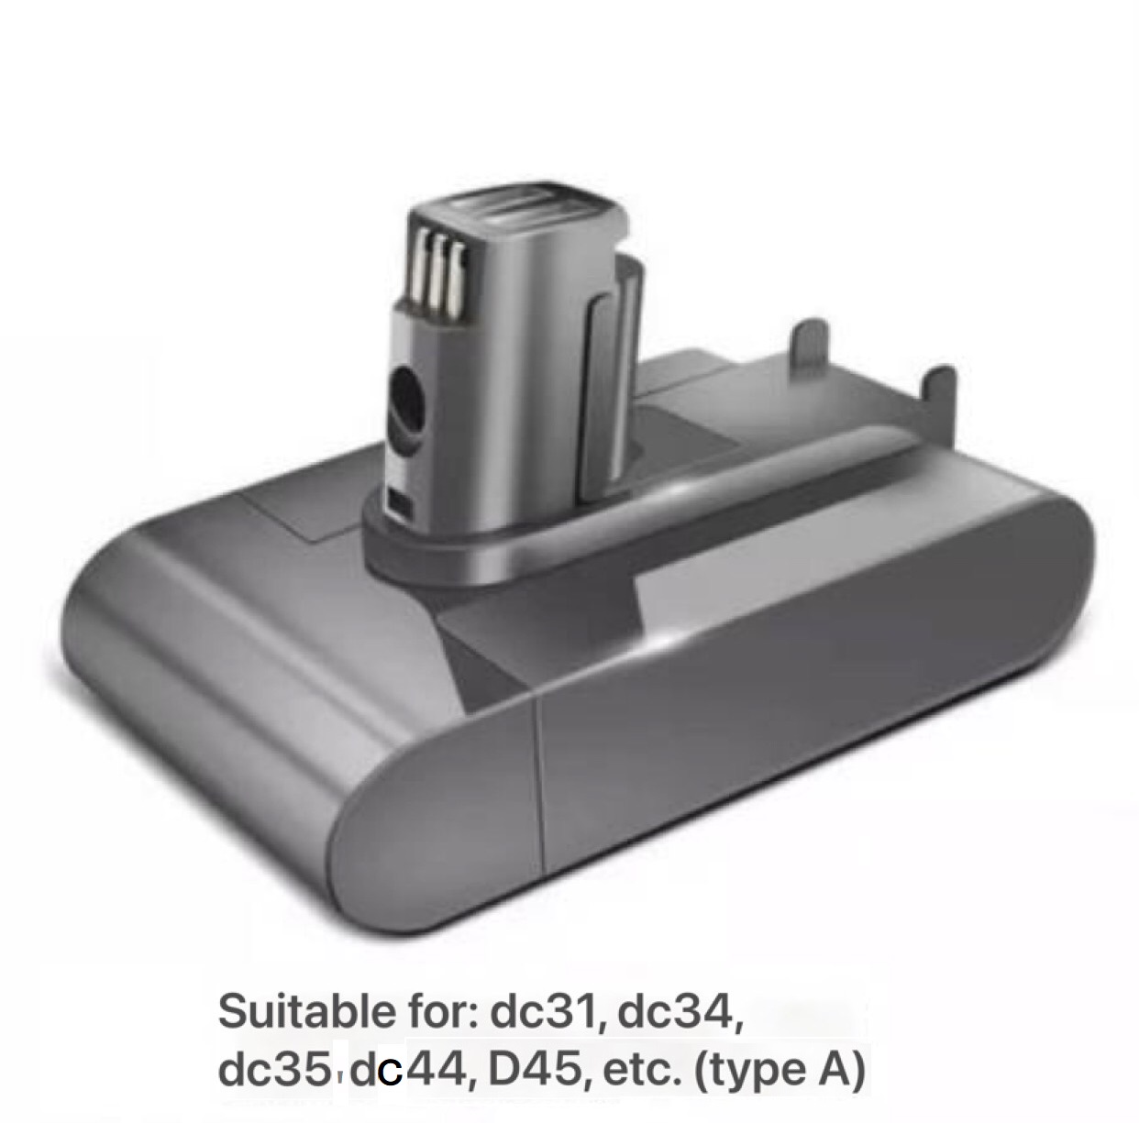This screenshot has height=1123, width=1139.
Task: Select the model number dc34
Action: [x=679, y=1013]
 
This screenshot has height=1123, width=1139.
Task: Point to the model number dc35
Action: [x=273, y=1070]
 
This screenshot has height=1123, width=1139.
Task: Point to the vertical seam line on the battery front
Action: [x=539, y=788]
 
